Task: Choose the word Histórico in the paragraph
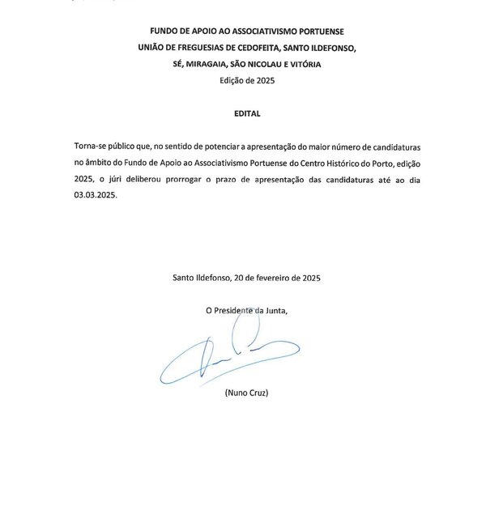coord(361,164)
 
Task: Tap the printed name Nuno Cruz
coord(247,394)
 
